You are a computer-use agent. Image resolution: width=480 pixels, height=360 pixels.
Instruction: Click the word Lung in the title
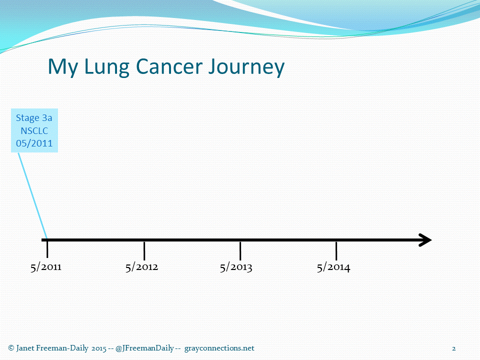point(106,67)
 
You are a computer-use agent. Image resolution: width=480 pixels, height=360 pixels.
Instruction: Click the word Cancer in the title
point(169,66)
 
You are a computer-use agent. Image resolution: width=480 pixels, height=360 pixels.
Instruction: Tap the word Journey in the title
point(246,67)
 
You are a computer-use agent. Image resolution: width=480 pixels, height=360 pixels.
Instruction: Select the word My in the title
point(63,67)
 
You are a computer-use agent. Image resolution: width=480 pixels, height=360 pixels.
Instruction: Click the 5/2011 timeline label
point(46,267)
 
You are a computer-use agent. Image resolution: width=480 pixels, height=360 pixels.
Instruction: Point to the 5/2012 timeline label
point(141,267)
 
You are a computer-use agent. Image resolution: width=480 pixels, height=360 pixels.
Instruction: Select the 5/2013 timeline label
point(236,267)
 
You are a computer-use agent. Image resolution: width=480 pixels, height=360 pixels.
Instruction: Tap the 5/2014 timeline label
point(333,267)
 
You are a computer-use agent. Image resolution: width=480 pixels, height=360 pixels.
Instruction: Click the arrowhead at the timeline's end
point(425,240)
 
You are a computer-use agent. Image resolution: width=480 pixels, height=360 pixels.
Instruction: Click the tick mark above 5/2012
point(144,250)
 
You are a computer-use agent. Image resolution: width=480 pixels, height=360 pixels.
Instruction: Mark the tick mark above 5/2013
point(240,250)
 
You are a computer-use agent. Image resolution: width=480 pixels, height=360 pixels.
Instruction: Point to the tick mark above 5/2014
point(336,250)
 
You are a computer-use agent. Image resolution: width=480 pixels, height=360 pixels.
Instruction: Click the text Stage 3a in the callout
point(34,118)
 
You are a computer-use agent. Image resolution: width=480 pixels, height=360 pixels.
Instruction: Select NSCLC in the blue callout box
point(34,130)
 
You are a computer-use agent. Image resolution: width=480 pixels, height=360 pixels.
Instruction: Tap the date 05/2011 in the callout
point(34,143)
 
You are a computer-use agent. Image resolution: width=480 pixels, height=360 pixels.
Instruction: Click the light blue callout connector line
point(32,196)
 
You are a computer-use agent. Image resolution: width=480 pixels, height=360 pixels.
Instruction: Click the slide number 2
point(453,348)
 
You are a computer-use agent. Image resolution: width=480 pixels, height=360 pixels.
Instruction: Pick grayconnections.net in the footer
point(219,348)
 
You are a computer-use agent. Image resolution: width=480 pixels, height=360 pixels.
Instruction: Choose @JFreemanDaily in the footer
point(144,348)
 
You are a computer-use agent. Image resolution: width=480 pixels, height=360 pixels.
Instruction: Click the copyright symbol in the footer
point(11,348)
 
